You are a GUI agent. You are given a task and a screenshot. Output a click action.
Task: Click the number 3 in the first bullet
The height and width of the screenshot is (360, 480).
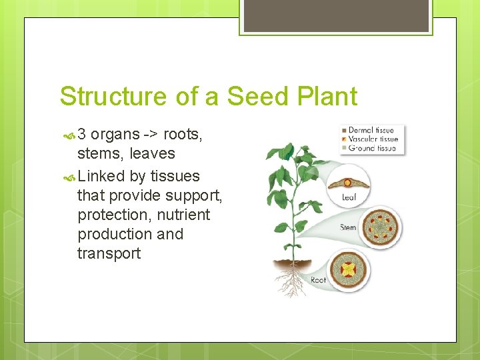click(x=82, y=135)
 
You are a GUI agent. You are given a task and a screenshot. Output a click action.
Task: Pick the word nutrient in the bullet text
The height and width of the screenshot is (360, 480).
click(x=184, y=215)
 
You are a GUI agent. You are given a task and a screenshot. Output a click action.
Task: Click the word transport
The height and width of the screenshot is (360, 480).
click(x=109, y=254)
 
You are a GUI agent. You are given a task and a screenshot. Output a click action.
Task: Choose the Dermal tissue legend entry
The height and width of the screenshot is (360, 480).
click(x=371, y=131)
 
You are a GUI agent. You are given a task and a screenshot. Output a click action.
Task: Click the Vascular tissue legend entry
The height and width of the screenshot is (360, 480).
click(x=373, y=139)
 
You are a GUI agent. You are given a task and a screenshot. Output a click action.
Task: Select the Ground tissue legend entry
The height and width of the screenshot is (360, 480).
click(x=371, y=148)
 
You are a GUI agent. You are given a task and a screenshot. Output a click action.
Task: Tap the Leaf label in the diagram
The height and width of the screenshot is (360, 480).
click(x=349, y=198)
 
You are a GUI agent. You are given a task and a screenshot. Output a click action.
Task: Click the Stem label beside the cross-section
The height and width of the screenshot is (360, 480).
click(x=348, y=228)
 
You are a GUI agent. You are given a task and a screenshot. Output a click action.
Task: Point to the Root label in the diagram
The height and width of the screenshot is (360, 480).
click(x=319, y=280)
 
